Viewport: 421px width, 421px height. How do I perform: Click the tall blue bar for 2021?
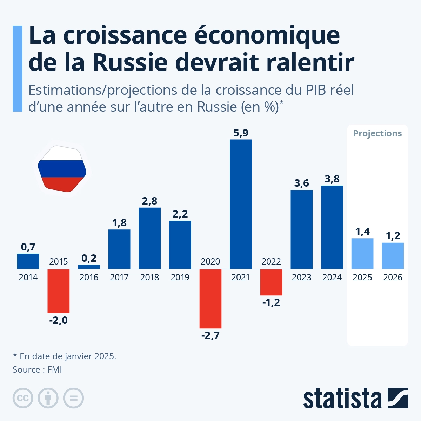point(241,204)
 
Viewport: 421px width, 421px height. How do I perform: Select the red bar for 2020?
point(210,299)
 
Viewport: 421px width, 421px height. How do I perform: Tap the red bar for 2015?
point(58,291)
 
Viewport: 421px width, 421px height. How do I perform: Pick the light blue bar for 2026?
point(393,256)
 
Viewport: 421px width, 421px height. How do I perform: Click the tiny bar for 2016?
point(89,267)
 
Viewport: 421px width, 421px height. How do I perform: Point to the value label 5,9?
point(241,133)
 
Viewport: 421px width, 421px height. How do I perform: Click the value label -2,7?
point(210,335)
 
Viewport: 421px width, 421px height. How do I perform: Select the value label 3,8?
point(332,179)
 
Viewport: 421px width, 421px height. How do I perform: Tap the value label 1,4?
point(362,232)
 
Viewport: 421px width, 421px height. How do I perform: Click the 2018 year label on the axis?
point(149,278)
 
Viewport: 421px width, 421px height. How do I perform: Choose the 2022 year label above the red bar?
point(271,261)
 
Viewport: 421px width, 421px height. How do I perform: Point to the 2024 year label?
point(332,278)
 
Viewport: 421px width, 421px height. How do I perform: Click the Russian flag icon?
point(62,169)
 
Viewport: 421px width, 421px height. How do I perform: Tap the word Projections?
point(377,133)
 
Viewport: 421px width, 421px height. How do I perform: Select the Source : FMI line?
point(37,369)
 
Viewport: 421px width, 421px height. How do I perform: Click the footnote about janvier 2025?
point(65,356)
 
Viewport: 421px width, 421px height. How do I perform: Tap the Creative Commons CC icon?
point(23,398)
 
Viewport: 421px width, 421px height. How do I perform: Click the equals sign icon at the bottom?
point(73,398)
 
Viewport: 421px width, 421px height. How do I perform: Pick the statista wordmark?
point(342,398)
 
